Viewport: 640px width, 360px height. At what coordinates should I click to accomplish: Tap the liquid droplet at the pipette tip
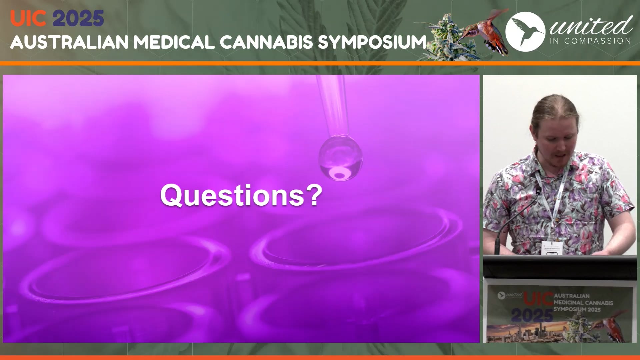[340, 157]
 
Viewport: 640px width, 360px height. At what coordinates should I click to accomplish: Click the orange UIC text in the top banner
[28, 18]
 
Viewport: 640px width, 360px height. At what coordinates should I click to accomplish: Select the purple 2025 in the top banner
[78, 18]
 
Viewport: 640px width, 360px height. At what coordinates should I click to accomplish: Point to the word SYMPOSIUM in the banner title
[372, 42]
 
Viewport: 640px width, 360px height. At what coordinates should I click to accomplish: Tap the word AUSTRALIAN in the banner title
[69, 42]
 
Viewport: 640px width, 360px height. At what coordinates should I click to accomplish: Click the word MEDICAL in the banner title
[174, 42]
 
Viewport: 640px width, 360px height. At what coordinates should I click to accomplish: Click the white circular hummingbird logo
[525, 32]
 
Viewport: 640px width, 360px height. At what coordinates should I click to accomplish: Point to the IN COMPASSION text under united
[590, 41]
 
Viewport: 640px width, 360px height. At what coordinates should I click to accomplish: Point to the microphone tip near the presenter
[538, 191]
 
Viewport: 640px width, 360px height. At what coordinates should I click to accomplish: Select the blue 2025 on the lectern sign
[532, 315]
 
